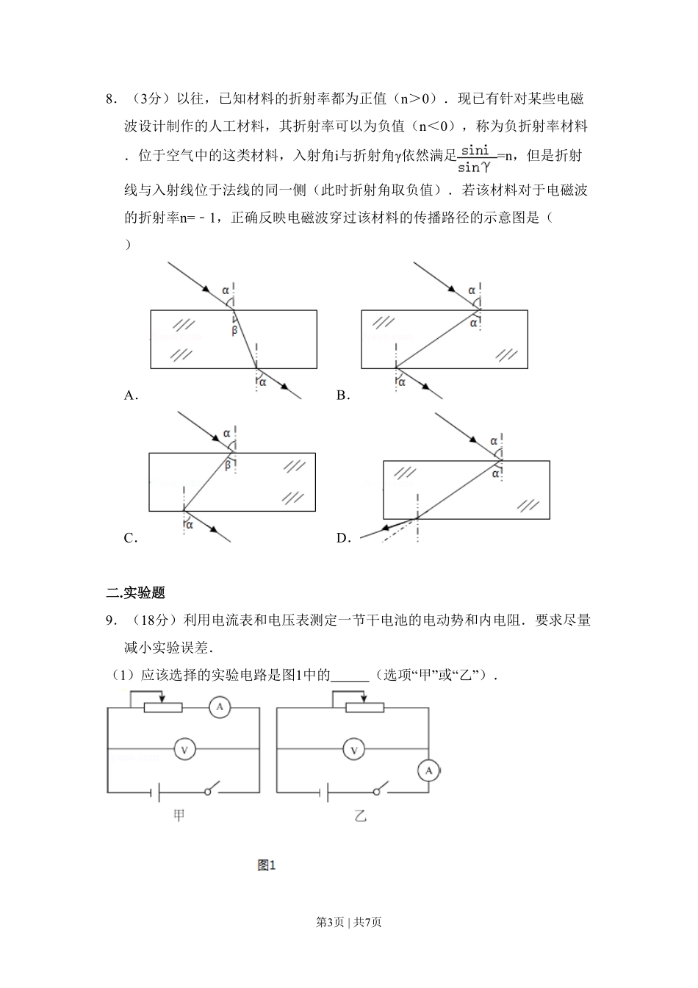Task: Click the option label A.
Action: click(x=130, y=395)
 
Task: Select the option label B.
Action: click(x=342, y=395)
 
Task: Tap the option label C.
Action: click(x=130, y=538)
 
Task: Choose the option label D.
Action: click(x=343, y=538)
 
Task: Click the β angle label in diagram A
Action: click(x=234, y=331)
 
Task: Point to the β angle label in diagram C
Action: click(x=227, y=465)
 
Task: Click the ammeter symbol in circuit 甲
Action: click(x=218, y=708)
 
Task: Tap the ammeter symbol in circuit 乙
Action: click(x=428, y=770)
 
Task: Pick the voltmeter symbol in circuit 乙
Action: click(x=354, y=750)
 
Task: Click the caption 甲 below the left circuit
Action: click(x=179, y=815)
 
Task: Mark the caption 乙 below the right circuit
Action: click(x=360, y=815)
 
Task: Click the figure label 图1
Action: click(x=266, y=865)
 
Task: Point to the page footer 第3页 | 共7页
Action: click(x=348, y=922)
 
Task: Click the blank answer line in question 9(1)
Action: click(x=350, y=675)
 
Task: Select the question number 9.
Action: click(x=110, y=620)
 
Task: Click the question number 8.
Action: click(x=110, y=99)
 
